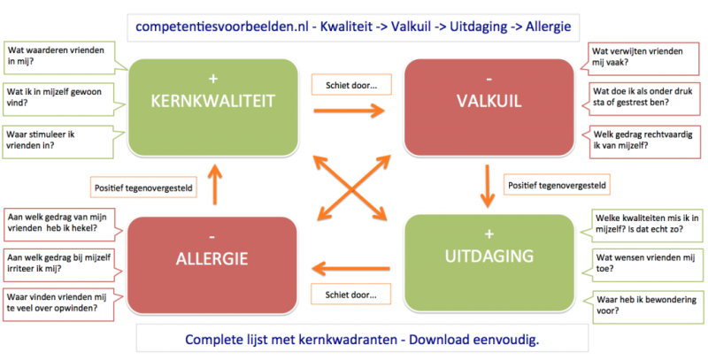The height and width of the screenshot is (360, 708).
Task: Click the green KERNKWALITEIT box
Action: (x=213, y=107)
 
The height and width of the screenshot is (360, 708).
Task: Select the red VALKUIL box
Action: (x=489, y=107)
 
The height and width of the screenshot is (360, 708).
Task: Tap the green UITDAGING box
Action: (x=489, y=263)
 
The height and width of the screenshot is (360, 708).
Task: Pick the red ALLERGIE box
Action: (x=212, y=265)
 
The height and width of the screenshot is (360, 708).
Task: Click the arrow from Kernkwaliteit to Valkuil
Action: (x=349, y=110)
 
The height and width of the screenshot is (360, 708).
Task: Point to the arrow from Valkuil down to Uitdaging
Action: (x=488, y=186)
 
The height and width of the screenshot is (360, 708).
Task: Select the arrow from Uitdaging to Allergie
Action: (x=350, y=268)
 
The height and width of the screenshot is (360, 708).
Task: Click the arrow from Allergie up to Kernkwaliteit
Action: (x=216, y=184)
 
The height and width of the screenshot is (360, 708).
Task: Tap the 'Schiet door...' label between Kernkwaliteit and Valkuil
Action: (x=351, y=85)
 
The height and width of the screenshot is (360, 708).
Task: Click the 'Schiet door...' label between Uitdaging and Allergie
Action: (x=350, y=295)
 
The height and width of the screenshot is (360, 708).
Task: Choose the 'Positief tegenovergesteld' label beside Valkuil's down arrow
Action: (x=557, y=185)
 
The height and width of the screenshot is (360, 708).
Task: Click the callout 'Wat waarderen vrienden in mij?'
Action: (x=58, y=57)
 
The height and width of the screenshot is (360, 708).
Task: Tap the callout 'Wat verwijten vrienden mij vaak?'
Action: (x=643, y=57)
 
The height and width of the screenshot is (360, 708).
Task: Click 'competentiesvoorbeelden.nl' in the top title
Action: (x=223, y=27)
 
